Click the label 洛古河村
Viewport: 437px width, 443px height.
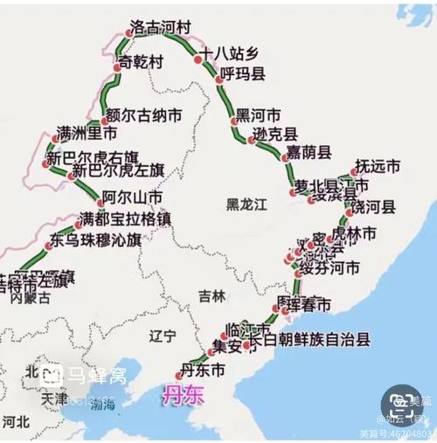(x=160, y=29)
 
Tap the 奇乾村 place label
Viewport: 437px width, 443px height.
(x=141, y=63)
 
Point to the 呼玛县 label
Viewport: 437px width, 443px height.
(x=242, y=73)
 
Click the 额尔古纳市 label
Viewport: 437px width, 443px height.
(x=131, y=114)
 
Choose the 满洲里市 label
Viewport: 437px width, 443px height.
(x=86, y=135)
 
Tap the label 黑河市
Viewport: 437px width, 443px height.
(x=259, y=115)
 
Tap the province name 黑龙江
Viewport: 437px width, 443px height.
(x=244, y=204)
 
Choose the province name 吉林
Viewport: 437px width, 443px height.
(x=212, y=295)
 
